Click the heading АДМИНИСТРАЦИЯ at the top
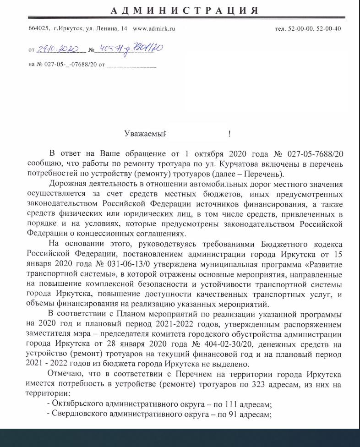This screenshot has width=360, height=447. tap(185, 11)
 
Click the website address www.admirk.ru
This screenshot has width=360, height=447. tap(154, 28)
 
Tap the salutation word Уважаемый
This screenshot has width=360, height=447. tap(145, 134)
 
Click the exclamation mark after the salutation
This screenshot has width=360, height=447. tap(229, 134)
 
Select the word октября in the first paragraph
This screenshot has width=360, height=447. tap(212, 153)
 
